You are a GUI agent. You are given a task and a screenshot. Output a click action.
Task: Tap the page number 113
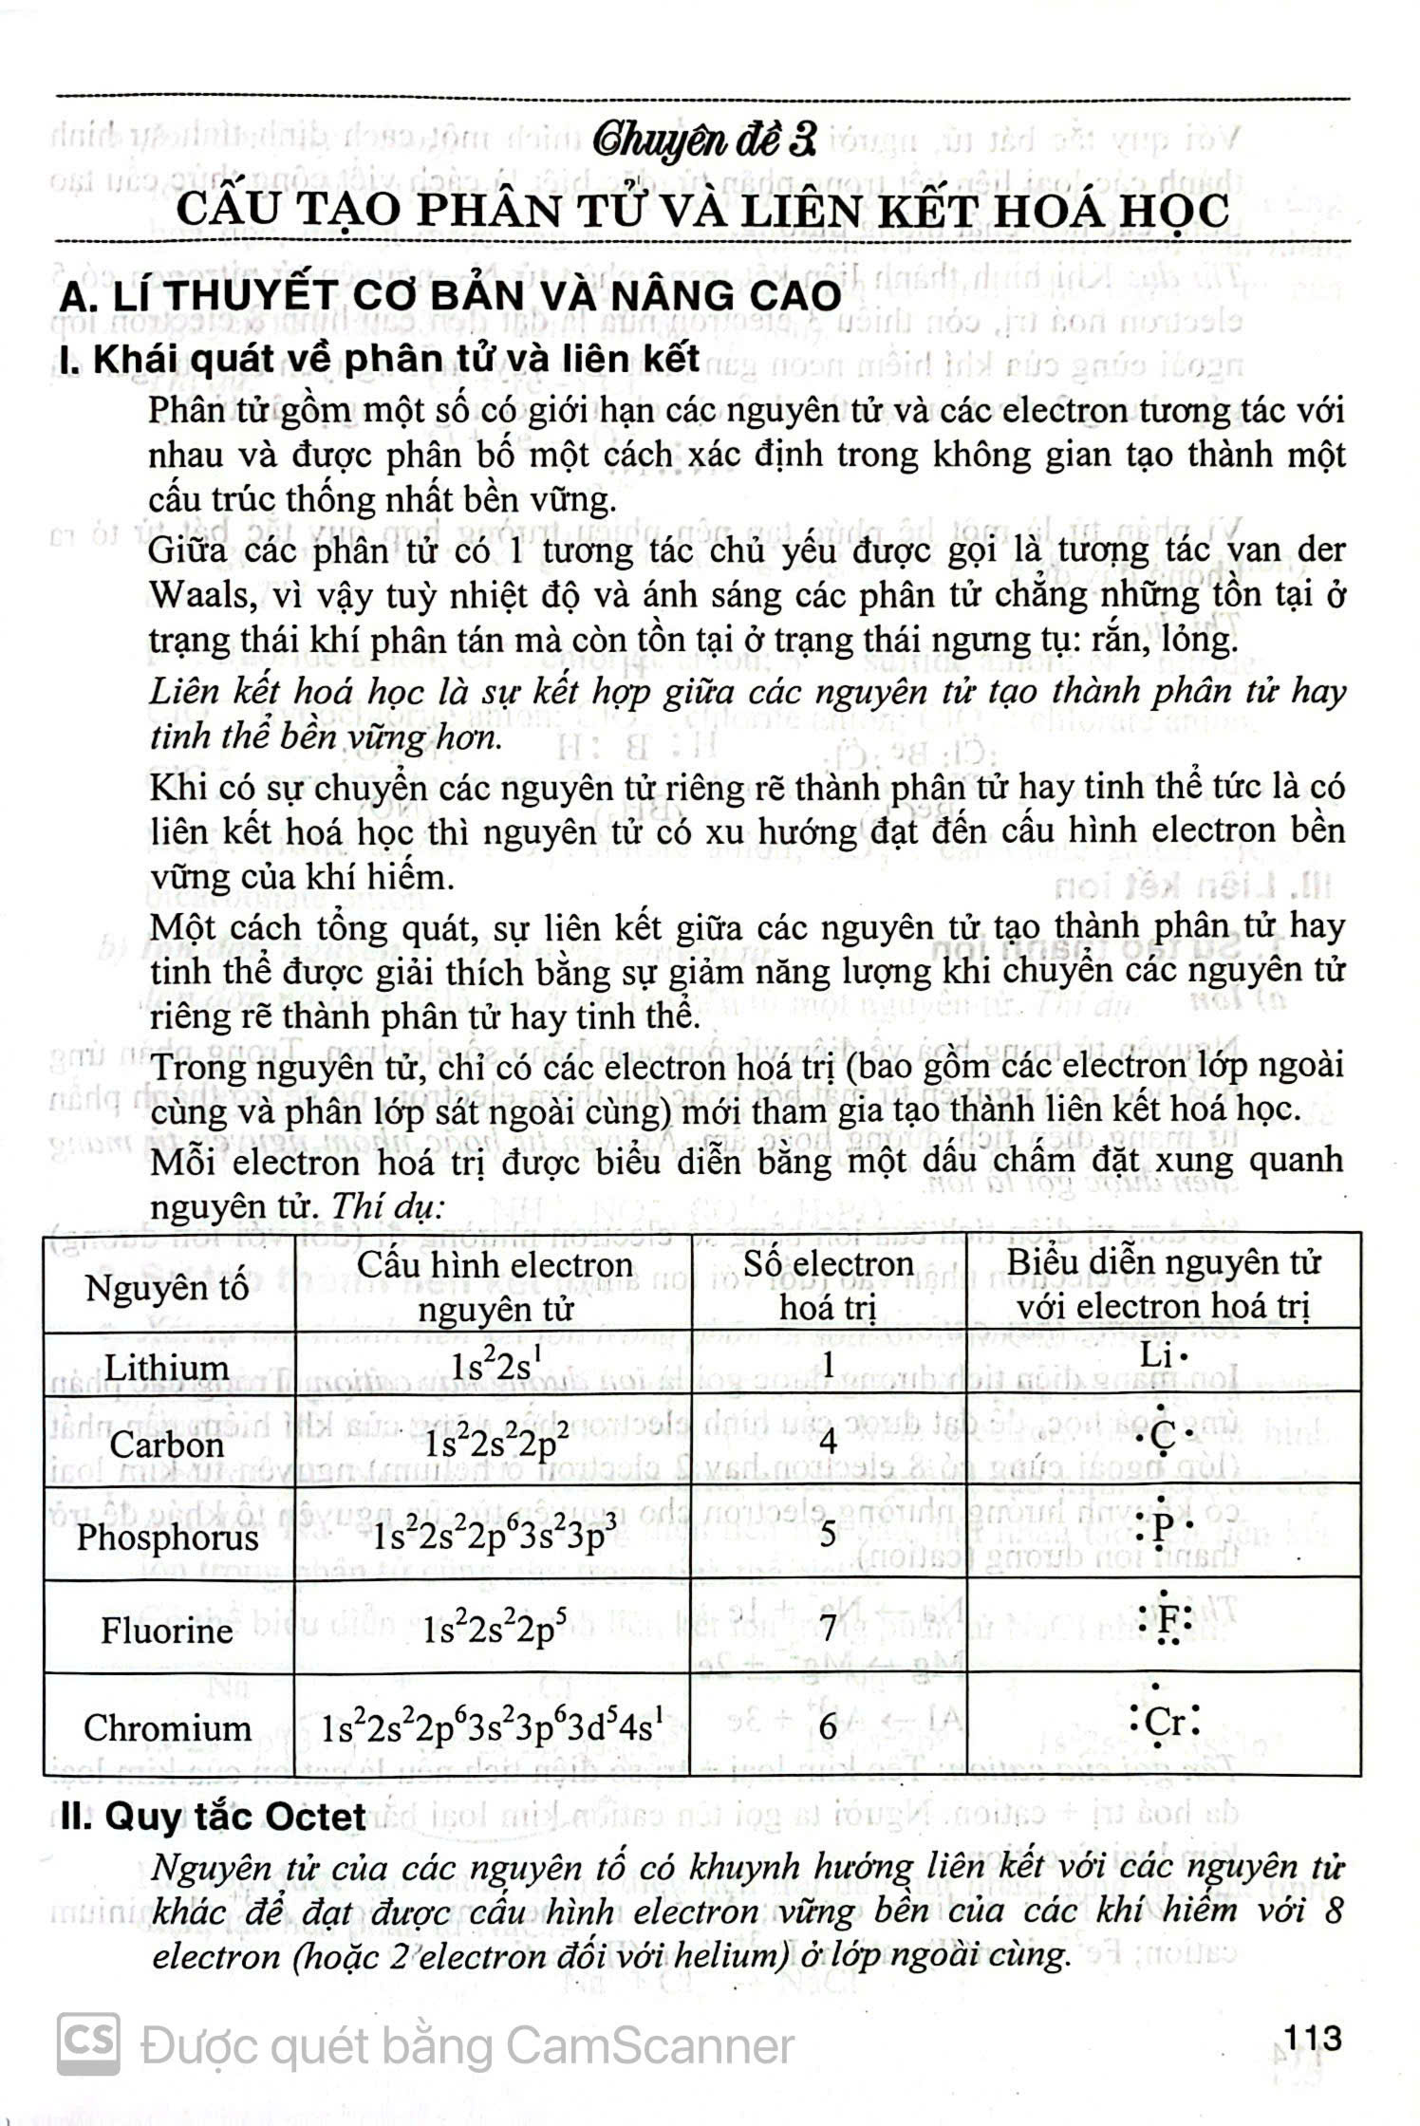(1312, 2038)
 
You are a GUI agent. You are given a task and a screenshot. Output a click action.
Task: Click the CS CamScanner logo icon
(89, 2043)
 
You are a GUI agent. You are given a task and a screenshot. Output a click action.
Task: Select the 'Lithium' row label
(166, 1368)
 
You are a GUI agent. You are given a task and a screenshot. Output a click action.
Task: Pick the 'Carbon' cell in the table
(166, 1445)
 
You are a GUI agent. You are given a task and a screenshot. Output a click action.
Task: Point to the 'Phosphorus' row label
(167, 1537)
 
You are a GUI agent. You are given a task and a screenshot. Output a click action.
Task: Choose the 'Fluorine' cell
(167, 1631)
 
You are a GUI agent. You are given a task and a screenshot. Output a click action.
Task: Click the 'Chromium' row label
(167, 1727)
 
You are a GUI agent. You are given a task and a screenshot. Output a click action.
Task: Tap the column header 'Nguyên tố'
(167, 1287)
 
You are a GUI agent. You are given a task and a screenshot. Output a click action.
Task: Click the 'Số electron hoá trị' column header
(828, 1285)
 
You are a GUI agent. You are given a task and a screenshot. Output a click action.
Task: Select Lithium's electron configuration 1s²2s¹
(490, 1368)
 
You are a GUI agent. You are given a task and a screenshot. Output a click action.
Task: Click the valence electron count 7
(828, 1629)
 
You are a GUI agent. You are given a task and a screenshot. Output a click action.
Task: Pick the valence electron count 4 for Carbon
(828, 1442)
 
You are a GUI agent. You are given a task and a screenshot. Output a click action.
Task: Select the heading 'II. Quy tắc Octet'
(213, 1816)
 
